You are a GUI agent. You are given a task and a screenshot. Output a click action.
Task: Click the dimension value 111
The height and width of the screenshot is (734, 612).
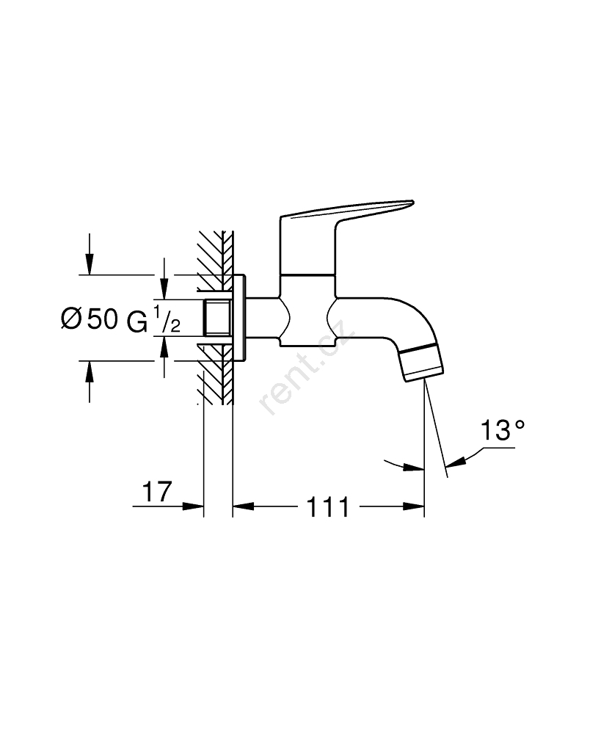point(327,507)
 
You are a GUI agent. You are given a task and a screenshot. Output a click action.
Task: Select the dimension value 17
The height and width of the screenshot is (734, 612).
point(157,492)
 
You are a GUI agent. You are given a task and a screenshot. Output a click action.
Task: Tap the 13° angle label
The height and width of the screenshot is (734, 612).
point(503,430)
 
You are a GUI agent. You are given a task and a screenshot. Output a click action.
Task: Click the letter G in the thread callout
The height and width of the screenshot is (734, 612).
point(136,321)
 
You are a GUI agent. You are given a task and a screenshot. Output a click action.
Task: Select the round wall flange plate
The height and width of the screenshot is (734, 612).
point(238,318)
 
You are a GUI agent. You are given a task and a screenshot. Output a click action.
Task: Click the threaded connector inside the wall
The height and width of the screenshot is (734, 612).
point(218,318)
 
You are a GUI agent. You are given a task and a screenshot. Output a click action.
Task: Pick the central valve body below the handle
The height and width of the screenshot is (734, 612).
point(307,310)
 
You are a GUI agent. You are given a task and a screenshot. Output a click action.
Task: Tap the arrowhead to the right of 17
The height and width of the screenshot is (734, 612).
point(193,506)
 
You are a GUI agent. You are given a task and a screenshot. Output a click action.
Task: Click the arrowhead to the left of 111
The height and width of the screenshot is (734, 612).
point(244,506)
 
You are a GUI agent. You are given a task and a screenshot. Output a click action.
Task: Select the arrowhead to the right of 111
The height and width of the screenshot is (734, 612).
point(414,506)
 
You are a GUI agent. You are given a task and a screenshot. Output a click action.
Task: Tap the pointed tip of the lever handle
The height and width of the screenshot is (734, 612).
point(413,202)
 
